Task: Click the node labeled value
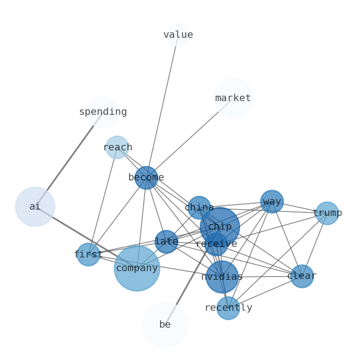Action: [x=178, y=35]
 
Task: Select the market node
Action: [x=233, y=98]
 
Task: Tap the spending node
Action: [x=103, y=112]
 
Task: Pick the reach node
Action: [x=117, y=147]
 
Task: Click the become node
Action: [x=146, y=177]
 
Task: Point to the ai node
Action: [x=35, y=206]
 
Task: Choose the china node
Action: [x=199, y=207]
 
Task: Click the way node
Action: [x=272, y=201]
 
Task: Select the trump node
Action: [x=327, y=213]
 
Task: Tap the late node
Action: [x=166, y=242]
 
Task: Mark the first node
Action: [x=88, y=254]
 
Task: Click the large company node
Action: [x=137, y=268]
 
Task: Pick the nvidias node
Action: [x=222, y=277]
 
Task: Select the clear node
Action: [x=302, y=276]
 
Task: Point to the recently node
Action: [x=228, y=308]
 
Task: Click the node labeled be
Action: [x=165, y=324]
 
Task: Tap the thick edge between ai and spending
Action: [x=69, y=159]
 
